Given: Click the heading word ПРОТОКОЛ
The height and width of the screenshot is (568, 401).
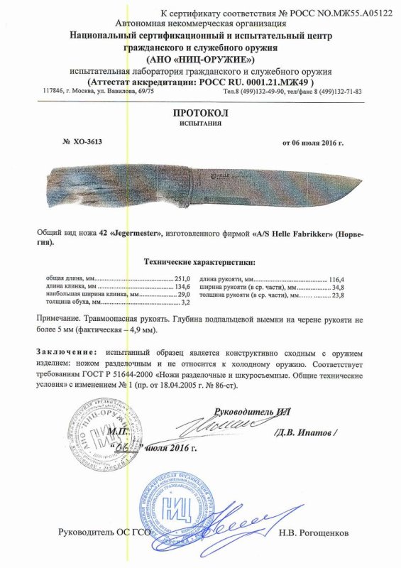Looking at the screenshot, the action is (200, 114).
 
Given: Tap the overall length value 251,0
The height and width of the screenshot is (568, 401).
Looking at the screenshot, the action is (183, 279).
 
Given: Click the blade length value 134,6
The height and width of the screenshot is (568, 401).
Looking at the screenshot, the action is (183, 287).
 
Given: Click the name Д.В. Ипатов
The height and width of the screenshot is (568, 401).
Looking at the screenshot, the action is (306, 432).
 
